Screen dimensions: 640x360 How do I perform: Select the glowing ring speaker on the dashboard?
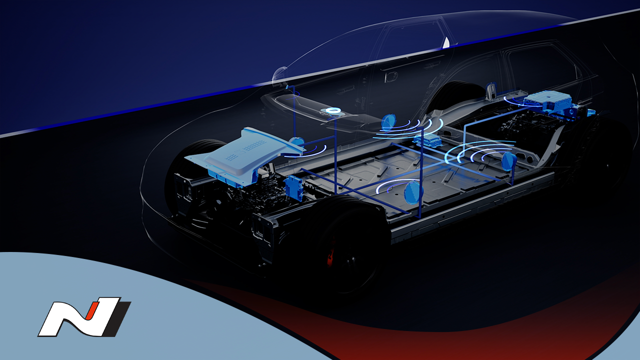tap(333, 111)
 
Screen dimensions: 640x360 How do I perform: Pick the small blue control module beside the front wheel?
tap(294, 187)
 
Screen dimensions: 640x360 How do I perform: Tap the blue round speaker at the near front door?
tap(413, 192)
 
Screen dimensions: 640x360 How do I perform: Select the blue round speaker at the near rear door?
tap(509, 161)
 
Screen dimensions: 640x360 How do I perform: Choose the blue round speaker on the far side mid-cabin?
tap(389, 122)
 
